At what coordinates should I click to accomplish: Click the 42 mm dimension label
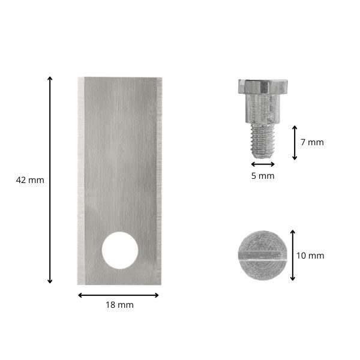pos(30,180)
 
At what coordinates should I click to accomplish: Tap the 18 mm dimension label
pos(119,305)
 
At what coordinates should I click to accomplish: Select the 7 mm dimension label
pos(312,142)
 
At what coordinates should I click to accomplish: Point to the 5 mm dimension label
pos(263,176)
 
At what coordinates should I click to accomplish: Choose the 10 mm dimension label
pos(310,256)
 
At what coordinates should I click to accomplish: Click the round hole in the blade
pos(120,250)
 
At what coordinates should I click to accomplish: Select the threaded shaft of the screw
pos(263,141)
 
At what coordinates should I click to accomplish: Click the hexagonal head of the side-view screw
pos(263,86)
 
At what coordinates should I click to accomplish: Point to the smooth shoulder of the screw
pos(263,109)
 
